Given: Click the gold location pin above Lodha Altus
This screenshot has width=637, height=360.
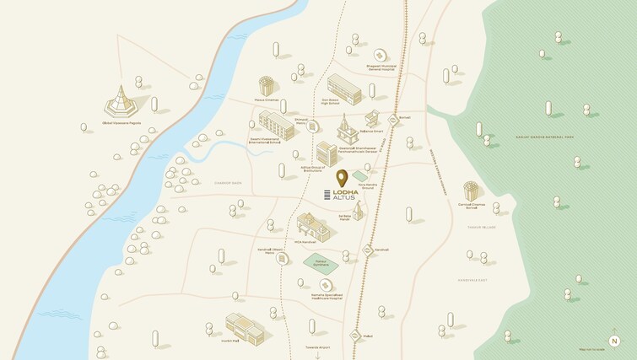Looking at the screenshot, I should [x=342, y=178].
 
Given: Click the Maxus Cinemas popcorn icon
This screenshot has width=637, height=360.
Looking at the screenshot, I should [x=267, y=86].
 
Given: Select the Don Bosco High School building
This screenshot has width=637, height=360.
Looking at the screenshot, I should [x=343, y=89].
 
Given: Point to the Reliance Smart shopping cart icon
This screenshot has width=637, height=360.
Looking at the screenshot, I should [x=372, y=119].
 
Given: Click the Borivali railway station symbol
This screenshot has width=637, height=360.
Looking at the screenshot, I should [x=393, y=121].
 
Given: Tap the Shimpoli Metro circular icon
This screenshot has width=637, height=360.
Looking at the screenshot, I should [x=313, y=126].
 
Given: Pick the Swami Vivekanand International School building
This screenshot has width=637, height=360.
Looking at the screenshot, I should [x=276, y=125].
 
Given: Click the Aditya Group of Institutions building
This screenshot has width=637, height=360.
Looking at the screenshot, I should [x=327, y=153].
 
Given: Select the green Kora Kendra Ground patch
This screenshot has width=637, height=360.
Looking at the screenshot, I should [x=360, y=175].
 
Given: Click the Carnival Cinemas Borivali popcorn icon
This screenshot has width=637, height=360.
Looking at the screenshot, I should [x=471, y=191].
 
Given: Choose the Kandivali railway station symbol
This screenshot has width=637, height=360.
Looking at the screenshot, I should [x=368, y=250].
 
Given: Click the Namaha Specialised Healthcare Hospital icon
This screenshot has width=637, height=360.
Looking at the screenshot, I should [x=301, y=284].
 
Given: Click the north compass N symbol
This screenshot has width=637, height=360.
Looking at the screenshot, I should [x=613, y=341].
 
